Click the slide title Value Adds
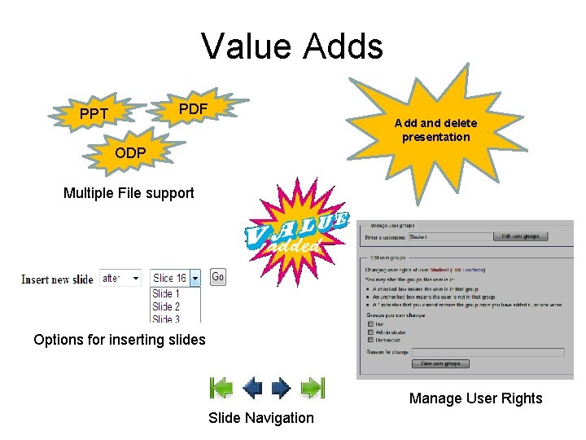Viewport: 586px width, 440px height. click(x=292, y=46)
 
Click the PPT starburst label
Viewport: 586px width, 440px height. click(x=94, y=114)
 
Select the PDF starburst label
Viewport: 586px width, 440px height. click(x=193, y=108)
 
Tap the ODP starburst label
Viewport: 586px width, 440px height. click(x=130, y=153)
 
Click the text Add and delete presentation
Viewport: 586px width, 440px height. click(x=435, y=130)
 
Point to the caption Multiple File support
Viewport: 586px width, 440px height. click(x=129, y=193)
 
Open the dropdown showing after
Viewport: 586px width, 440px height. click(x=120, y=279)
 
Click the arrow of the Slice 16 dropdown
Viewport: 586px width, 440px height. click(x=195, y=279)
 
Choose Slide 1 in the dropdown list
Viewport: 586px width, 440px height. click(x=166, y=293)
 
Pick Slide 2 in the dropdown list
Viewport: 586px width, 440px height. click(x=166, y=306)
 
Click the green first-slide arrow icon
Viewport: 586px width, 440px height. click(x=221, y=388)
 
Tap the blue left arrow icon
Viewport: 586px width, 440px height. click(x=252, y=388)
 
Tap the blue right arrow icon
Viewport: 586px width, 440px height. click(x=281, y=388)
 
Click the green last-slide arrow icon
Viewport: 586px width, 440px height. click(x=313, y=388)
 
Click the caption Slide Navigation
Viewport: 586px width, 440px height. click(x=260, y=418)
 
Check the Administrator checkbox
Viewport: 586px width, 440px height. click(x=371, y=332)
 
